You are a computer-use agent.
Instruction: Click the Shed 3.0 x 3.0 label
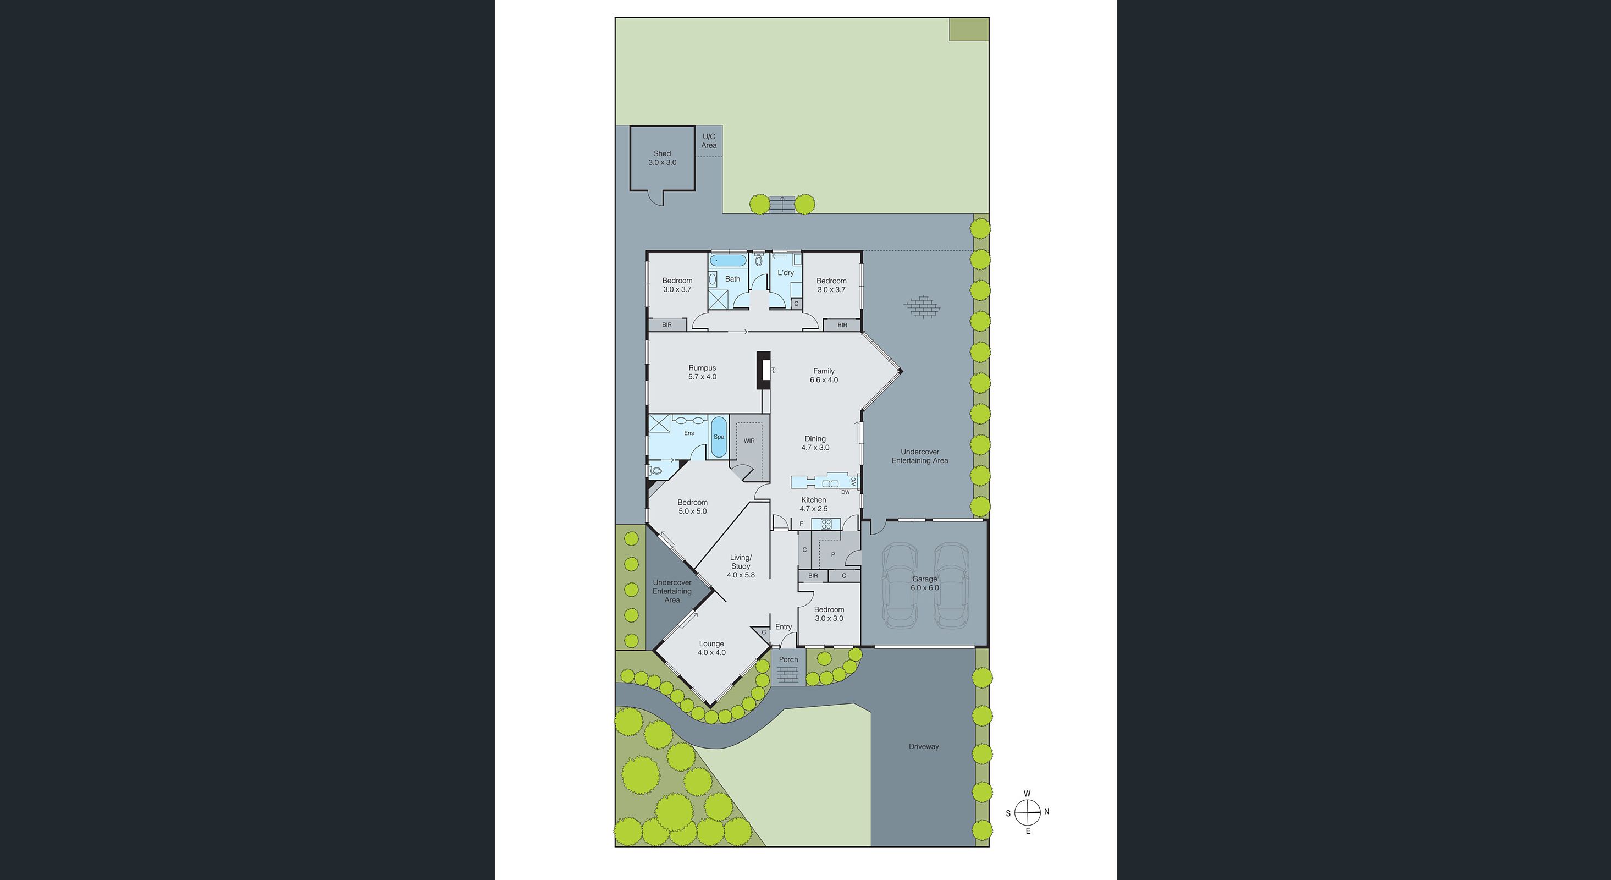tap(661, 158)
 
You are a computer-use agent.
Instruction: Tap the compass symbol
tap(1027, 813)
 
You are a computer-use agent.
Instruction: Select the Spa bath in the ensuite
tap(719, 437)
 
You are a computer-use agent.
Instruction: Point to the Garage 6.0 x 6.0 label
tap(924, 584)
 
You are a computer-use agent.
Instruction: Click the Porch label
tap(788, 659)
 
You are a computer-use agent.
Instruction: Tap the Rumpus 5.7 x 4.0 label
tap(702, 373)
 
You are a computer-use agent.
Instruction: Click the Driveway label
tap(924, 746)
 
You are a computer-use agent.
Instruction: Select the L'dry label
tap(786, 273)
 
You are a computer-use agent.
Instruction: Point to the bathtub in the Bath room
tap(728, 260)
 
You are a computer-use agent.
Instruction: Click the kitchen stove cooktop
tap(825, 524)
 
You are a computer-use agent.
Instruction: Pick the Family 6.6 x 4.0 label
tap(824, 375)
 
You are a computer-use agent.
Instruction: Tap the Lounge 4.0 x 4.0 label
tap(711, 648)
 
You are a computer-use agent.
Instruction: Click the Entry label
tap(783, 626)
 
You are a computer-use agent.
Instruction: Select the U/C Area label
tap(709, 141)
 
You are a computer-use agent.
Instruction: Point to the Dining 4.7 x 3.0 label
tap(815, 443)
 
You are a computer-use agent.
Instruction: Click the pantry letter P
tap(832, 555)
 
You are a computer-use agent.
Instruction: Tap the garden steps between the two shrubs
tap(782, 205)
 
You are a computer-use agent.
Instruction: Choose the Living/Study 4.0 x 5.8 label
tap(741, 566)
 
